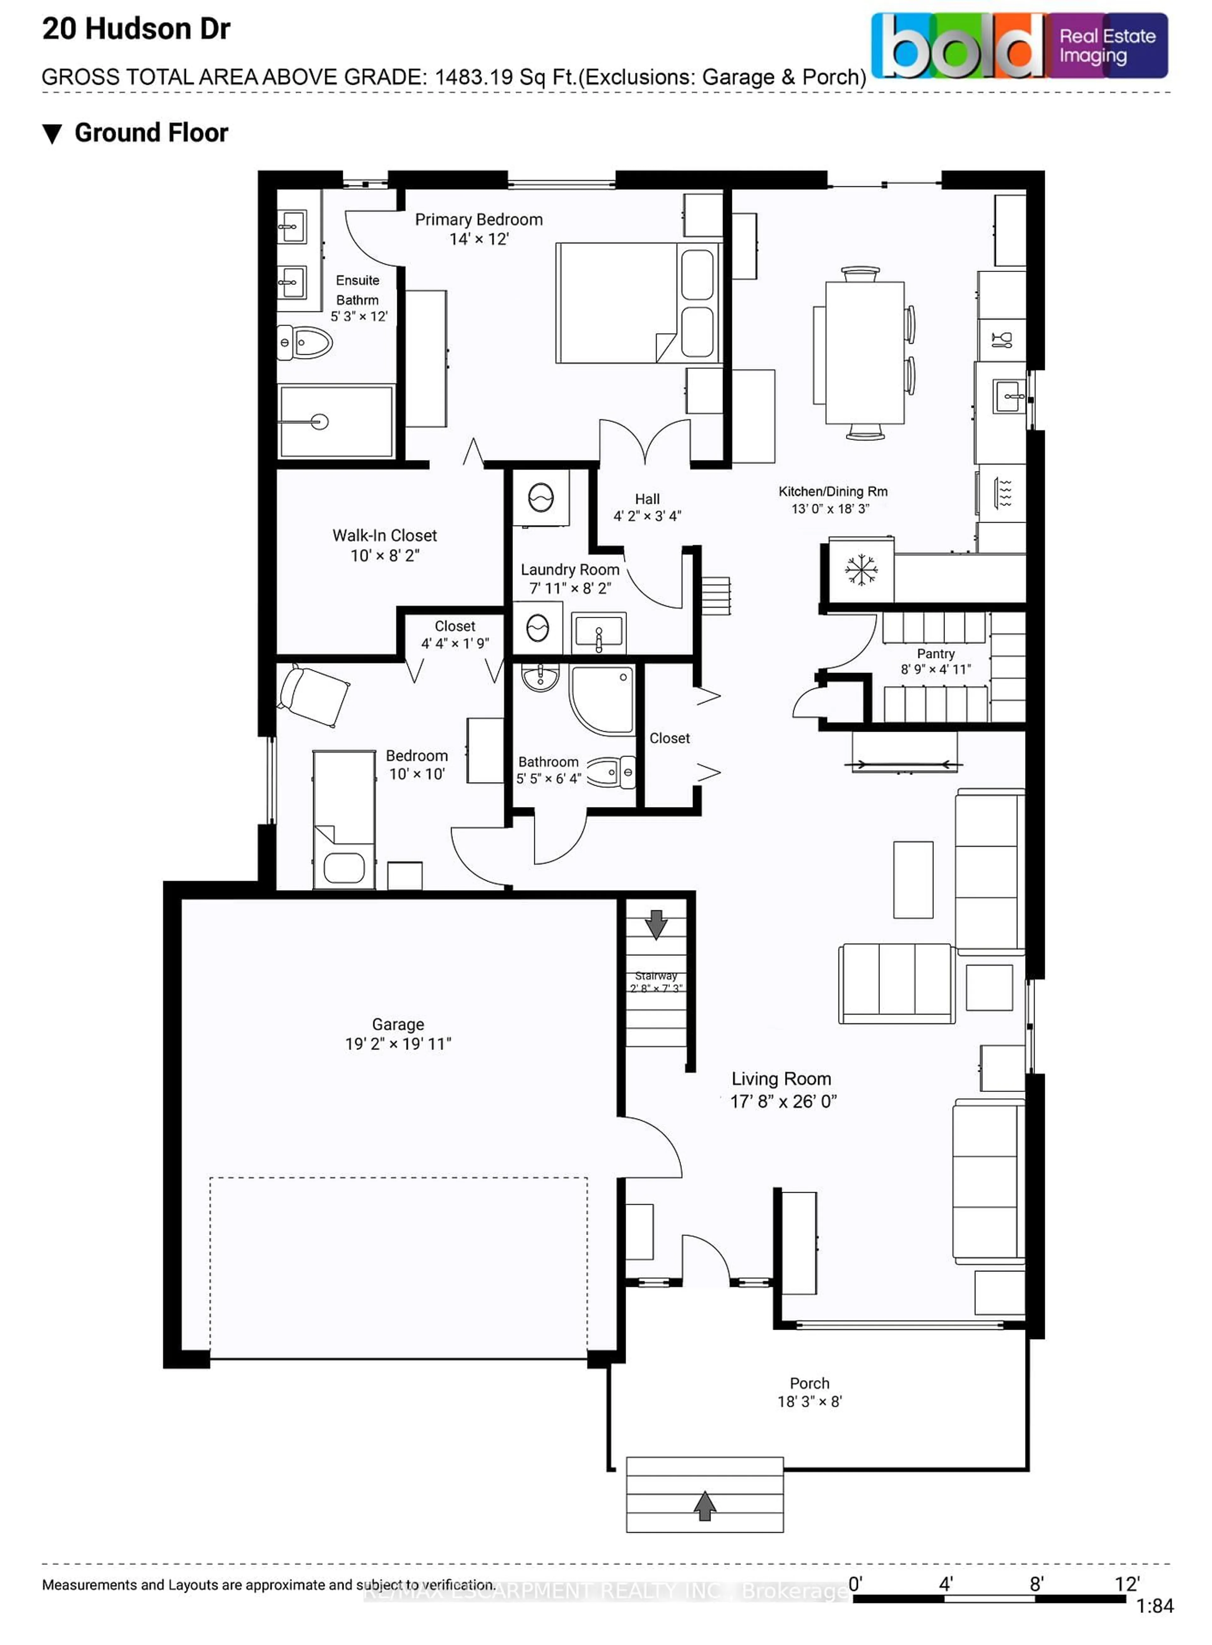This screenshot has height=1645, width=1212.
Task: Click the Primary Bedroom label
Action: click(478, 219)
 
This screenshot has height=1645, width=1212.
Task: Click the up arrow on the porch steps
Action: click(704, 1506)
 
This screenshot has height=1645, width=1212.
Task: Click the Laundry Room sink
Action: click(599, 632)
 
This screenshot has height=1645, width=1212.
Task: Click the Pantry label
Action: click(936, 653)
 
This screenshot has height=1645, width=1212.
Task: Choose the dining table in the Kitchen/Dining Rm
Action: click(864, 353)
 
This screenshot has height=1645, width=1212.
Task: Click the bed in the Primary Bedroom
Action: click(637, 303)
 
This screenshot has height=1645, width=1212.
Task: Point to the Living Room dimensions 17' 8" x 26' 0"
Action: click(783, 1101)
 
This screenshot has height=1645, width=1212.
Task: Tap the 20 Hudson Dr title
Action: click(136, 29)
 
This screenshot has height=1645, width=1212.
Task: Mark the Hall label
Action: click(647, 499)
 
